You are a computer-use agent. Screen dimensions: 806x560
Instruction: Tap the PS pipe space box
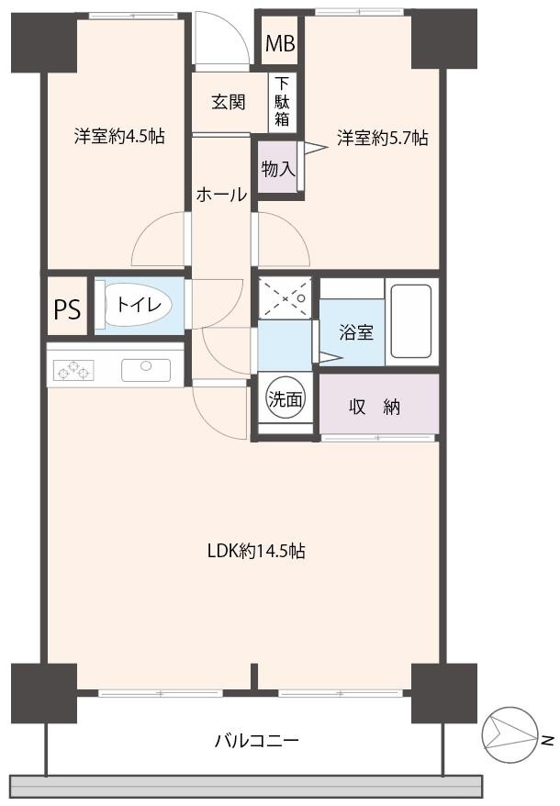(x=66, y=309)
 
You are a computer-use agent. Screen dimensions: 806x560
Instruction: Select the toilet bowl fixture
(x=138, y=306)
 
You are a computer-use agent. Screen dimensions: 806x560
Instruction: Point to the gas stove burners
(x=74, y=370)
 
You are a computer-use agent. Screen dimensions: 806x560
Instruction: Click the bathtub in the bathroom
(x=410, y=321)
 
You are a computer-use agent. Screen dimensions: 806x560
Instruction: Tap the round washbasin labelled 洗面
(x=285, y=398)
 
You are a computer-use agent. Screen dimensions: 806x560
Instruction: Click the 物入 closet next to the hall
(x=277, y=168)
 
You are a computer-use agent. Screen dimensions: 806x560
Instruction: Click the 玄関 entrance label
(x=229, y=102)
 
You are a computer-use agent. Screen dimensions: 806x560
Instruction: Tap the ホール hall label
(x=220, y=195)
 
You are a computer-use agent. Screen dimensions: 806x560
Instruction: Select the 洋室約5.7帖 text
(x=382, y=138)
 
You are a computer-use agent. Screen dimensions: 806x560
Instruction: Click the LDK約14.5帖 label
(x=255, y=552)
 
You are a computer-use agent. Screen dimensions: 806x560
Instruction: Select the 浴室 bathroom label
(x=356, y=332)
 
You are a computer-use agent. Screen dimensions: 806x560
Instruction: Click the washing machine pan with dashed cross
(x=285, y=298)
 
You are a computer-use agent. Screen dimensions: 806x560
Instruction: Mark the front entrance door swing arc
(x=223, y=41)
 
